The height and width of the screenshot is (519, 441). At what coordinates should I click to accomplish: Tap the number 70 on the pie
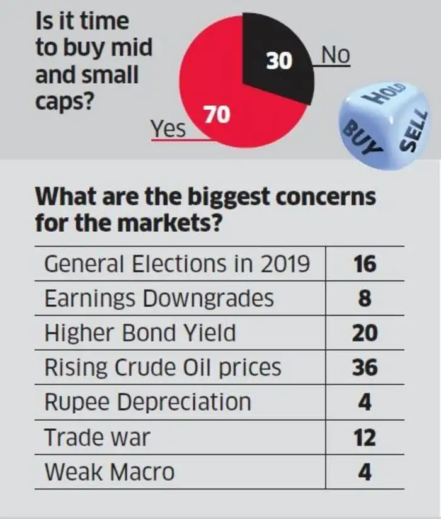[216, 115]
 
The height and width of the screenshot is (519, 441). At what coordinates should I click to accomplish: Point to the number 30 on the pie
[278, 60]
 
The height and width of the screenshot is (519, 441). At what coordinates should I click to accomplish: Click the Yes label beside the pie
[168, 128]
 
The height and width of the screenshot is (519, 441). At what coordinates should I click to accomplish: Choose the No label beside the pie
[335, 56]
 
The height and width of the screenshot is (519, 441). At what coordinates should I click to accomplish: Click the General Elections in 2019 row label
[177, 263]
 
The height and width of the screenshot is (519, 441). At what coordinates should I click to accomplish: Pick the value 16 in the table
[365, 263]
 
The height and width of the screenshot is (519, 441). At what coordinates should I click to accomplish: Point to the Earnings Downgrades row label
[159, 298]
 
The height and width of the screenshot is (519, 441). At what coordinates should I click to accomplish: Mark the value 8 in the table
[365, 298]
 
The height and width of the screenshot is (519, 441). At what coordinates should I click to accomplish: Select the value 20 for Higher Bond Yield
[365, 333]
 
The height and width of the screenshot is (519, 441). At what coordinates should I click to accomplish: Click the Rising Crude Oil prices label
[163, 367]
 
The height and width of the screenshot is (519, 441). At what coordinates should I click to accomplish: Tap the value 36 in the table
[365, 367]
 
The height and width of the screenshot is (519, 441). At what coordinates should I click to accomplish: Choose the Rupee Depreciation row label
[147, 402]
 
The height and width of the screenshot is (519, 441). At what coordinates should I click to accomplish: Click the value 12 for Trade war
[365, 436]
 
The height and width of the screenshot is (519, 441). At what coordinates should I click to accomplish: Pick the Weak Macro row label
[109, 471]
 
